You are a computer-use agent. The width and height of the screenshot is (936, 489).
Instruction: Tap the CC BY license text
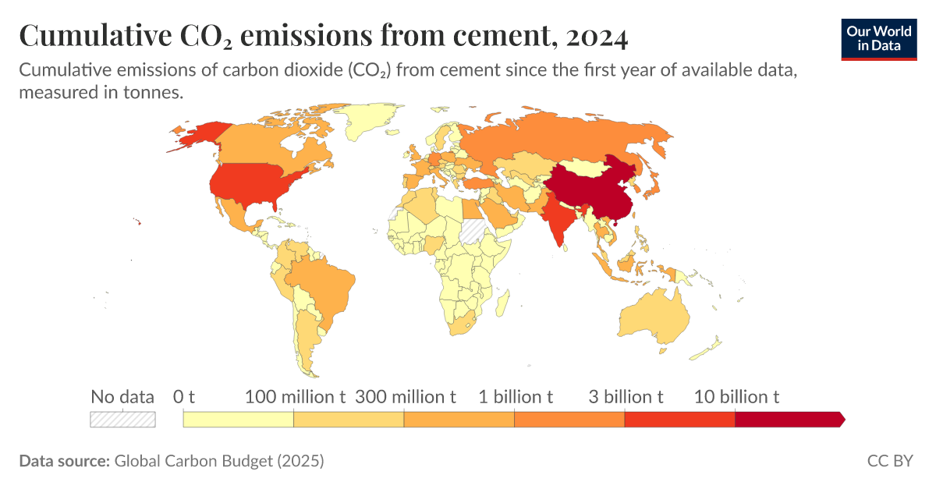[x=889, y=461]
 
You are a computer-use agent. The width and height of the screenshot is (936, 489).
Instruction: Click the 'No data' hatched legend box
[x=122, y=420]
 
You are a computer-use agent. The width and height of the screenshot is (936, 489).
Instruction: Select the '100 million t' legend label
[x=296, y=396]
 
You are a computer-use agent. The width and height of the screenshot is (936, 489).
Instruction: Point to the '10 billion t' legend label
[x=737, y=396]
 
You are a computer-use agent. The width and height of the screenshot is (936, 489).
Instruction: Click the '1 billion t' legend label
[x=516, y=396]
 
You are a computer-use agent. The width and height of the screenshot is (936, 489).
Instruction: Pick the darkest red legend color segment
[x=788, y=420]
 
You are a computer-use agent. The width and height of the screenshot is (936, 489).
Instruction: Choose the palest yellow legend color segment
[x=238, y=420]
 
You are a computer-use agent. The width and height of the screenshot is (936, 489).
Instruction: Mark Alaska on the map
[x=195, y=136]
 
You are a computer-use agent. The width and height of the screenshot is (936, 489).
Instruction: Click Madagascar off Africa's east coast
[x=503, y=300]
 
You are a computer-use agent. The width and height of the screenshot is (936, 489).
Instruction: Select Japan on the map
[x=654, y=187]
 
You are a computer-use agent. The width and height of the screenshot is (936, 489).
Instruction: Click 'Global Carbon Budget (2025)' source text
[x=218, y=461]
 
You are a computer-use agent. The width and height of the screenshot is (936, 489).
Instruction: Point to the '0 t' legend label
[x=184, y=396]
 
